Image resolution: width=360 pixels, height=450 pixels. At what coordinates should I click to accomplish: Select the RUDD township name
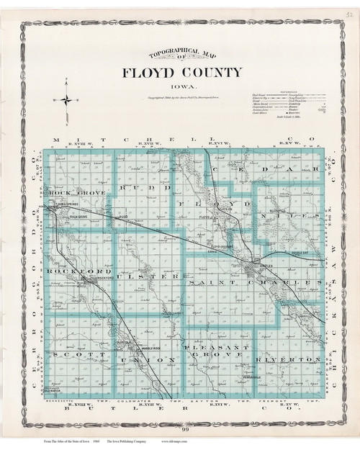[140, 189]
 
